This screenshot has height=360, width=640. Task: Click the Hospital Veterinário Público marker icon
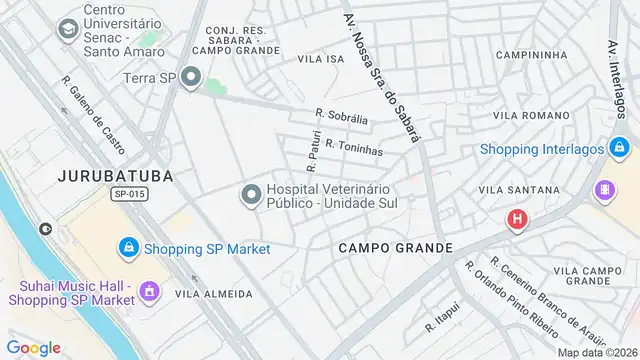[x=250, y=193]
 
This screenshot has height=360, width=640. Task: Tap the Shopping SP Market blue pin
[x=128, y=247]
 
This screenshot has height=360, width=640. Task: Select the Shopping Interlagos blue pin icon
[x=621, y=150]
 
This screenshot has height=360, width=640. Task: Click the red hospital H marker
[x=517, y=219]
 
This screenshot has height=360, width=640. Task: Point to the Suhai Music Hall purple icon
[x=149, y=291]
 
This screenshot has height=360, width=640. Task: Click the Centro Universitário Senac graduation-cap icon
[x=68, y=30]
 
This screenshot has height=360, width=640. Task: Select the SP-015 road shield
[x=130, y=195]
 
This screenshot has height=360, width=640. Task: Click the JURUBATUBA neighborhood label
[x=115, y=176]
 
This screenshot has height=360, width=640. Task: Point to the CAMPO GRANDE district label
[x=395, y=247]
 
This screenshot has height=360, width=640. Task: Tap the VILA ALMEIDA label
[x=213, y=294]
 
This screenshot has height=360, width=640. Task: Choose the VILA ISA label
[x=321, y=59]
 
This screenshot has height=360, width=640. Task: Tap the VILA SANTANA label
[x=519, y=189]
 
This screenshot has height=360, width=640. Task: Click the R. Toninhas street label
[x=354, y=147]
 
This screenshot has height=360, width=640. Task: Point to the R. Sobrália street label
[x=342, y=118]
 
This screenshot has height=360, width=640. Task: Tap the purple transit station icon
[x=605, y=189]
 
